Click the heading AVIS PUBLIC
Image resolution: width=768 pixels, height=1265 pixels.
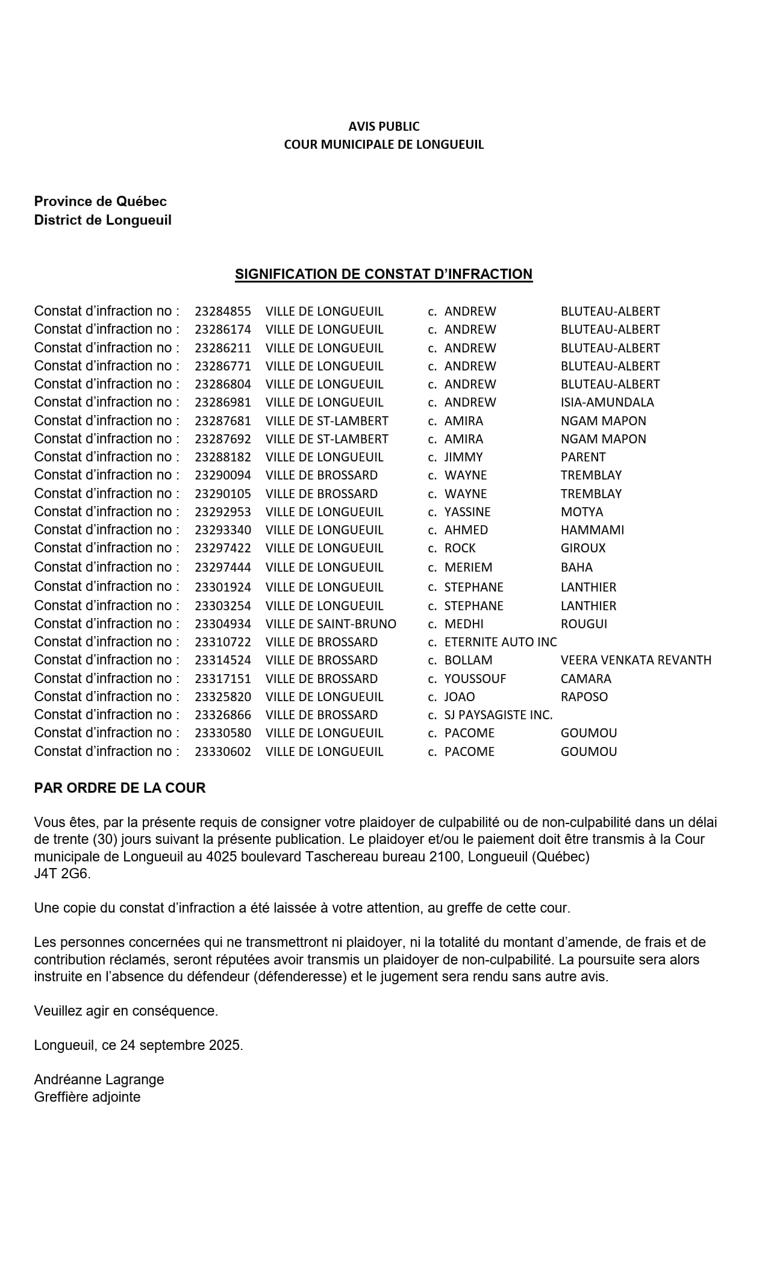tap(384, 126)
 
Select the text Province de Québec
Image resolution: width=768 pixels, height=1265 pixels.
tap(100, 202)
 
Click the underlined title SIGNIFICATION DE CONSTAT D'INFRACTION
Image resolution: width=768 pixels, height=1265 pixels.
tap(383, 275)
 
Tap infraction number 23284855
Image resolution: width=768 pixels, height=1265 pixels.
tap(222, 312)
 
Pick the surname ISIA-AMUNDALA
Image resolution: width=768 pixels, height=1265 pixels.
tap(607, 402)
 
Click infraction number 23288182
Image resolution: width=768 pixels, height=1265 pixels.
tap(222, 457)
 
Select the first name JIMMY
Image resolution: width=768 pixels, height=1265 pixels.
tap(463, 457)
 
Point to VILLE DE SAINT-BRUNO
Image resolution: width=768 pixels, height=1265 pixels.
tap(331, 624)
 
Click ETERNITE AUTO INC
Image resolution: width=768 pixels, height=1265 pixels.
tap(501, 642)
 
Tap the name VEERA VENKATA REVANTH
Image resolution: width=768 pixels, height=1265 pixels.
tap(635, 660)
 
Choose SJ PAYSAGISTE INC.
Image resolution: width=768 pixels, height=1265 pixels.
tap(498, 715)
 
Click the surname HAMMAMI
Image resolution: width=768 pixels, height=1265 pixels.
tap(592, 530)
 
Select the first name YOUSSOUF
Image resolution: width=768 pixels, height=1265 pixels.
tap(475, 679)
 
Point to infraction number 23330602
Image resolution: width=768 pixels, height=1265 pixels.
tap(222, 752)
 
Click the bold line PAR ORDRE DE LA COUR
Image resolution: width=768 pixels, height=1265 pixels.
tap(120, 789)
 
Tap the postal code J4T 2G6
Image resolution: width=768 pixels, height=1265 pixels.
tap(62, 873)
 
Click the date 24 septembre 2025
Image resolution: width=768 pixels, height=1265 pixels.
tap(181, 1046)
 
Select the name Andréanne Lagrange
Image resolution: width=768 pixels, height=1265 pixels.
tap(99, 1079)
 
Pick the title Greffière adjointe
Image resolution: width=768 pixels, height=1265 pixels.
tap(87, 1097)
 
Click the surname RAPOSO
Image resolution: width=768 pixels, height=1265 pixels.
tap(584, 697)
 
